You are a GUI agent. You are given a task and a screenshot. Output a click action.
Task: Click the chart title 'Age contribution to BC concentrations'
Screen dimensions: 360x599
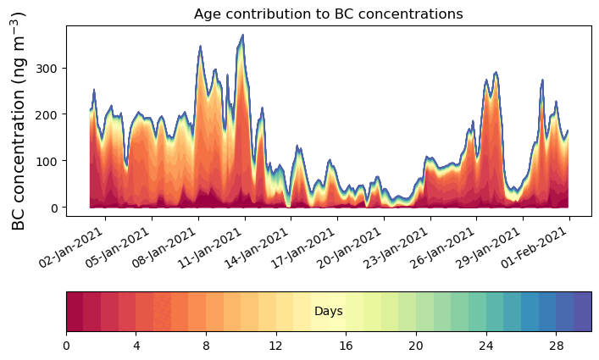328,14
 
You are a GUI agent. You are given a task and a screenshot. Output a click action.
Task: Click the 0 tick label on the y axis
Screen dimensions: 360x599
57,208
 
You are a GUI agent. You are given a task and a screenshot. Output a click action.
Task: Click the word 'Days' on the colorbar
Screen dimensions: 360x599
328,312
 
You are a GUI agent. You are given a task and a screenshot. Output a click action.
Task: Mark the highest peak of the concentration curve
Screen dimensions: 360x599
242,36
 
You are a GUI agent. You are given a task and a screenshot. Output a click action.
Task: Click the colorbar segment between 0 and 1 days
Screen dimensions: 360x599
75,312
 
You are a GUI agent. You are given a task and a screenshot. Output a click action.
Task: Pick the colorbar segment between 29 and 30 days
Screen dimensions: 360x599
582,312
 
